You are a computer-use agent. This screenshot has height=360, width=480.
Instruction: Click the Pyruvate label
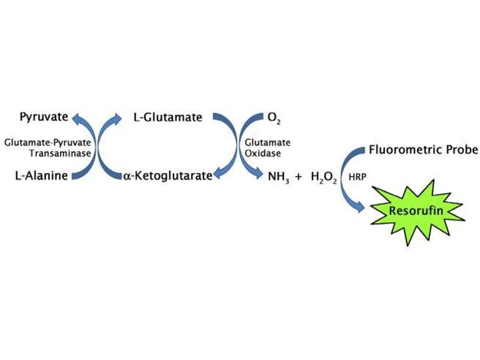pos(43,116)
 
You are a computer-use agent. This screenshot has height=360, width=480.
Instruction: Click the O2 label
pos(275,117)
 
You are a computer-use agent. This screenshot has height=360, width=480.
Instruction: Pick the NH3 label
pos(277,177)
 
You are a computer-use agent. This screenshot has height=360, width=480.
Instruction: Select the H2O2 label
pos(325,177)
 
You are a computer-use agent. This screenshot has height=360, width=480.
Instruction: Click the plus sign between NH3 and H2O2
pos(298,176)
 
